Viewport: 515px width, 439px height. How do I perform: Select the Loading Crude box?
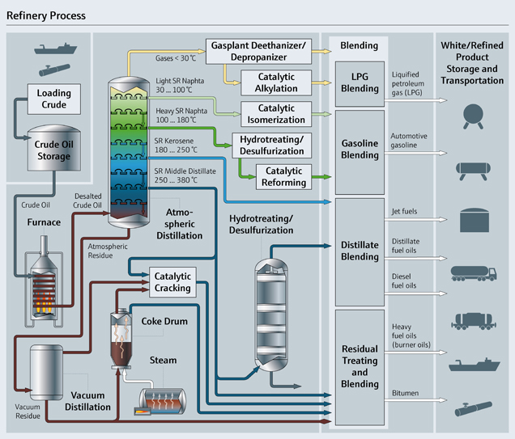pos(54,99)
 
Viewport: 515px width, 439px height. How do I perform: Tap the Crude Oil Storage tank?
pos(54,150)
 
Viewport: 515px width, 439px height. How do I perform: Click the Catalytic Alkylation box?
pos(275,82)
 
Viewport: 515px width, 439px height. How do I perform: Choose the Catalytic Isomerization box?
pos(275,112)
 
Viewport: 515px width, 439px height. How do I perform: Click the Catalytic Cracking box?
pos(172,282)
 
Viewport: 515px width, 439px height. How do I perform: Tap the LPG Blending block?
pos(359,81)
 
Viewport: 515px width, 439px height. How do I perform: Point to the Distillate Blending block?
pos(359,251)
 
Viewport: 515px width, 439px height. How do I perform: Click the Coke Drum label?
pos(164,322)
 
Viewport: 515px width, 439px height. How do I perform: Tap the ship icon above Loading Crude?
pos(53,49)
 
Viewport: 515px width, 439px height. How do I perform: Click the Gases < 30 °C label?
pos(175,57)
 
